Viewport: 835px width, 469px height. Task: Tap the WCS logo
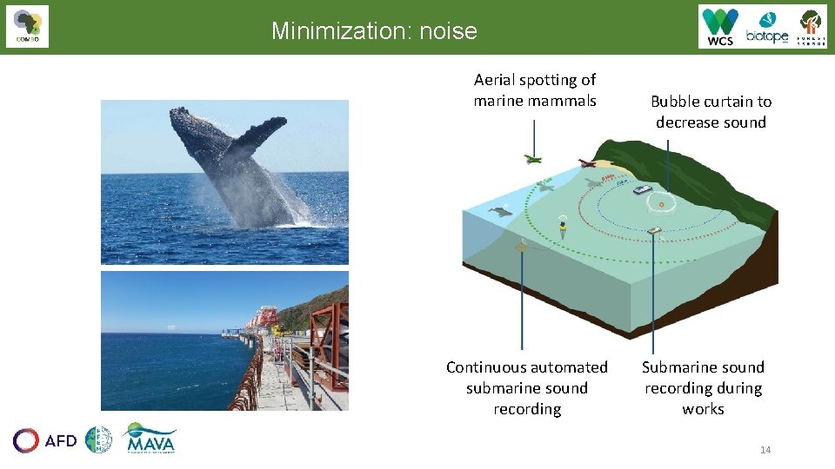[x=720, y=27]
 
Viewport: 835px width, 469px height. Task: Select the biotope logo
[x=766, y=27]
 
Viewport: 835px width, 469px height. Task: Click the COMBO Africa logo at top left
[x=27, y=27]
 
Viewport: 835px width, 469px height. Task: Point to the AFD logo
[x=45, y=440]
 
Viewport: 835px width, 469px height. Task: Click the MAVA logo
[x=150, y=439]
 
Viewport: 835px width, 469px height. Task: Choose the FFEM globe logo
[x=98, y=439]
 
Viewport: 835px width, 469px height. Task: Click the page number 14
[x=765, y=449]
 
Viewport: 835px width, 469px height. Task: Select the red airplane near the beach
[x=588, y=162]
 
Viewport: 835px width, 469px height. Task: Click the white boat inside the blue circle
[x=643, y=189]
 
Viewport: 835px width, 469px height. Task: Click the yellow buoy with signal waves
[x=563, y=228]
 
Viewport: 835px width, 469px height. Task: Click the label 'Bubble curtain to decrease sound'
[x=711, y=112]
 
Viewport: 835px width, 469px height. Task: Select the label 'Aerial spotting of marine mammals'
[x=535, y=90]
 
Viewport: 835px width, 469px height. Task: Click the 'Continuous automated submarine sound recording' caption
[x=527, y=388]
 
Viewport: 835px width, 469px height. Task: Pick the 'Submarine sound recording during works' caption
[x=703, y=388]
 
